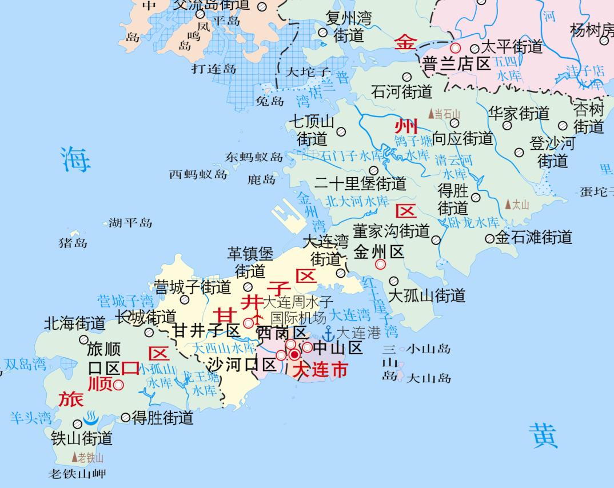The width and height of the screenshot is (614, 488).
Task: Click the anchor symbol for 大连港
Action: point(329,334)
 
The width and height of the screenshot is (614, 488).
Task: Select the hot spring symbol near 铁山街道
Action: point(91,418)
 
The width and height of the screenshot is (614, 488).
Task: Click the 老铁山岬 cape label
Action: point(77,474)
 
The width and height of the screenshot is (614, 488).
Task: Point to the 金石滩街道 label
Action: point(533,237)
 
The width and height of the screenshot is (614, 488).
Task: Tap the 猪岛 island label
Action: point(73,243)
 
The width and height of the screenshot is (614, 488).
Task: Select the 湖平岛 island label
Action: point(130,223)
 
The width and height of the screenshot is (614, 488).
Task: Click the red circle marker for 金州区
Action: point(380,265)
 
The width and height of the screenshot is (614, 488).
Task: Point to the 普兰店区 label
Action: point(457,63)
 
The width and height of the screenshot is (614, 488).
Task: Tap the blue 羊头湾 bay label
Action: point(30,418)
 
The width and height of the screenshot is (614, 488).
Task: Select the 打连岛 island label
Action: point(214,69)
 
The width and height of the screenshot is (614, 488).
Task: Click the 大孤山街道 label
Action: point(426,295)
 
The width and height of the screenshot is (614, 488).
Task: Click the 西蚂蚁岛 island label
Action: point(198,174)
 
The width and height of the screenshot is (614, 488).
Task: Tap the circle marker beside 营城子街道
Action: point(185,299)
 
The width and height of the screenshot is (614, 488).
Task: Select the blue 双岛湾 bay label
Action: point(25,365)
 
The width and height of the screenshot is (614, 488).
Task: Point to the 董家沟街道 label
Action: point(391,231)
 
